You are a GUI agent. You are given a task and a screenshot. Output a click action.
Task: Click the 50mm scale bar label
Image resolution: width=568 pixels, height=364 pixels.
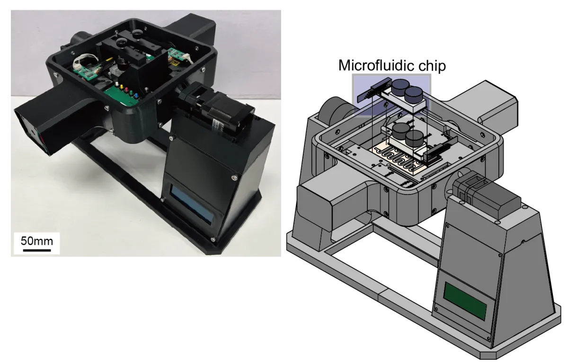point(37,241)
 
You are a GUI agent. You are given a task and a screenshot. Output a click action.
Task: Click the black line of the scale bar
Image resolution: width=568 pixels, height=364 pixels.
point(37,250)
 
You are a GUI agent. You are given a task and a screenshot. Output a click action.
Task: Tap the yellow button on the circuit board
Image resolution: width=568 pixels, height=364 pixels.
point(121,87)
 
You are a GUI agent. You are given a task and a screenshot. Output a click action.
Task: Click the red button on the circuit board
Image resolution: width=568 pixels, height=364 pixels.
point(126,89)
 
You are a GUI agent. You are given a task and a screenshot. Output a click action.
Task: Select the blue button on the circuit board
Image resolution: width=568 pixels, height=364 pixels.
point(136,95)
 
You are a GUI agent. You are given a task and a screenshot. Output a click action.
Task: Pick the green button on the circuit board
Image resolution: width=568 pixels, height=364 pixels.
point(132,92)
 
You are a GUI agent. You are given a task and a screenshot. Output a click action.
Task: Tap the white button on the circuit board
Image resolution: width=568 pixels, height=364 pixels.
point(116,84)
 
